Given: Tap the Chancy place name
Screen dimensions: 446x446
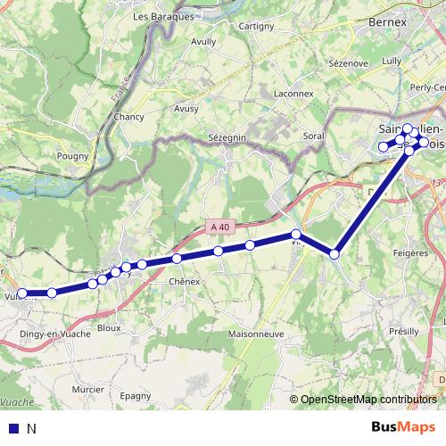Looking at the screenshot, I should coord(128,117).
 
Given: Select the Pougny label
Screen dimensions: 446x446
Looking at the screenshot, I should coord(73,156).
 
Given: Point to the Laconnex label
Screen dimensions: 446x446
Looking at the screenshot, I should coord(293,93).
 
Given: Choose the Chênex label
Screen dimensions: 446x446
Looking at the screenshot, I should coord(183,281).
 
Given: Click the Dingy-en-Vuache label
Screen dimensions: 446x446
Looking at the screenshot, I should coord(51,334).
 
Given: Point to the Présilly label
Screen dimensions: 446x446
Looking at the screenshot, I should coord(403,331).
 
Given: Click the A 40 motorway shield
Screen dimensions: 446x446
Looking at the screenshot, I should coord(220,227).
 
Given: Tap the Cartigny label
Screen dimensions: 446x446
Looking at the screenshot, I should coord(257,27).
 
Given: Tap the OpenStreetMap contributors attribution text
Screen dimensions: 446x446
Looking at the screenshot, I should coord(368,400).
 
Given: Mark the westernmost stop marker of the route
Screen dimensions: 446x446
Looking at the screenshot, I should coord(22,293).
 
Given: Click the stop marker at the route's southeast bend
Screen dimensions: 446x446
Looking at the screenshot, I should coord(334,254).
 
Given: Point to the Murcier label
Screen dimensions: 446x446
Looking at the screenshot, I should coord(87,390).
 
